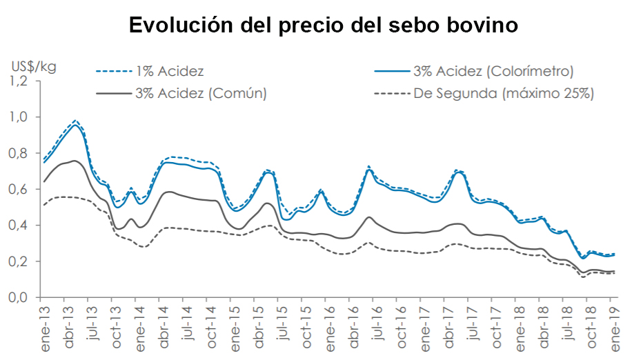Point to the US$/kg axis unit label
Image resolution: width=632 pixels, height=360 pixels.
pos(34,67)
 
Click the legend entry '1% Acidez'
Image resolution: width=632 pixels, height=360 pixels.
pos(170,71)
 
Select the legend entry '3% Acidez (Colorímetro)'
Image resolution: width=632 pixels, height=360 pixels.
pos(493,71)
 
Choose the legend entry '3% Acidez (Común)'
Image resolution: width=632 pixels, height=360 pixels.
pos(201,92)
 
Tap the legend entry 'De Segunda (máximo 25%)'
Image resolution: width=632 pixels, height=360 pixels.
pos(504,92)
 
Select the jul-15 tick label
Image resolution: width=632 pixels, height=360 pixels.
pos(282,323)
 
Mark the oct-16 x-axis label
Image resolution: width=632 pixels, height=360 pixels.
pos(401,323)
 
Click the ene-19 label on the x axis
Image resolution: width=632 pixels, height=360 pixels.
pos(611,323)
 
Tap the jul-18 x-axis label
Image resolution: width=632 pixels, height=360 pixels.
pos(564,323)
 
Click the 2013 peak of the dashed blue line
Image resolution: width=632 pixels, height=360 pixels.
pos(75,120)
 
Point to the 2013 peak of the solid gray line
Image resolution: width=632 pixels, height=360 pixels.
pos(75,161)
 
